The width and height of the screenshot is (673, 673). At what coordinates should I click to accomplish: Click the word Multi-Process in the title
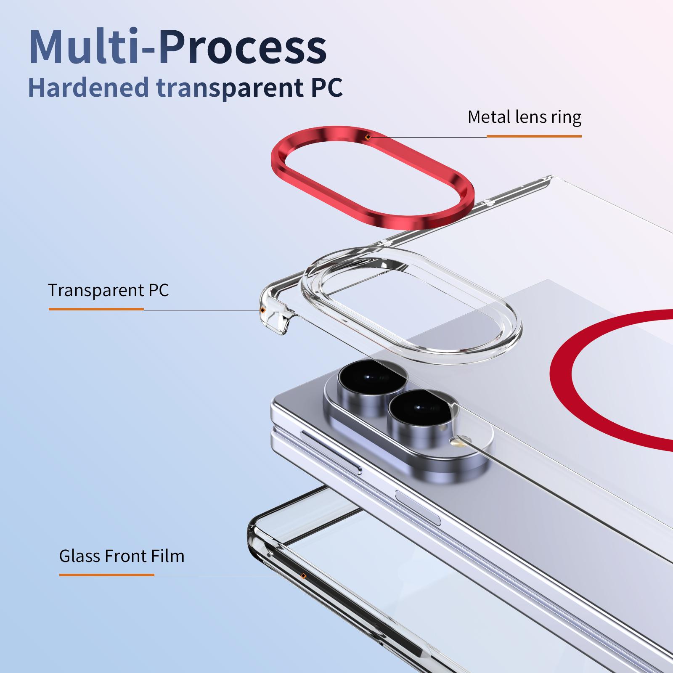pos(178,48)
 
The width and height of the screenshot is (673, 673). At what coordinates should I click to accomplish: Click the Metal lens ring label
pos(524,117)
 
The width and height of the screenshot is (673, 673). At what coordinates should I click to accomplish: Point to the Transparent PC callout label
pos(108,290)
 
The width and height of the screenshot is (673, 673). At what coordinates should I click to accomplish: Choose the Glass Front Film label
pos(122,556)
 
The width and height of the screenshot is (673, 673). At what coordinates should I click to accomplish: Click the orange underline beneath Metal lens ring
pos(534,136)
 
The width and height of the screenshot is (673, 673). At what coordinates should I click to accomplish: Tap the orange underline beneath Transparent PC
pos(96,309)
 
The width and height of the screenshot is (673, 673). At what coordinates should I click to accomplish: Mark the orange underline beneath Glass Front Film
pos(107,575)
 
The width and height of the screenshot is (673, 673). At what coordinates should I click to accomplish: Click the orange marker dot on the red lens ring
pos(368,137)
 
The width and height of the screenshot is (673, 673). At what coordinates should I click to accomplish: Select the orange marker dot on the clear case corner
pos(262,310)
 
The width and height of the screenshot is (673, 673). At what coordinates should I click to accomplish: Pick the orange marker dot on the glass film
pos(303,576)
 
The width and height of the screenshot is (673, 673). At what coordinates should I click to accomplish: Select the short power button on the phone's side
pos(418,509)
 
